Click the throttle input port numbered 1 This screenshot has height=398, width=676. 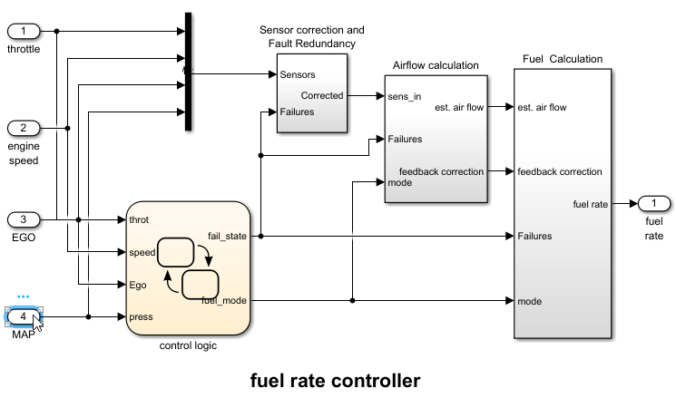click(x=23, y=31)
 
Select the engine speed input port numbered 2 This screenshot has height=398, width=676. click(x=23, y=127)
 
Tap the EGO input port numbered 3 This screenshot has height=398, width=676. click(x=23, y=219)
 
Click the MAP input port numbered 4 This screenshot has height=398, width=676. click(x=23, y=316)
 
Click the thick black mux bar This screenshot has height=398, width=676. click(x=188, y=72)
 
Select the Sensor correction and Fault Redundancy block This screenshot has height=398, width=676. click(x=312, y=94)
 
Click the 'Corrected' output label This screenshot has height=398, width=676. click(x=321, y=95)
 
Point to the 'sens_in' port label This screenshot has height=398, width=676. click(x=404, y=96)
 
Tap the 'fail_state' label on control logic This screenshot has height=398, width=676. click(x=227, y=237)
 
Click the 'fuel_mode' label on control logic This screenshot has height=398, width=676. click(x=224, y=300)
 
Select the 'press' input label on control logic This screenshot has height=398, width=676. click(x=142, y=316)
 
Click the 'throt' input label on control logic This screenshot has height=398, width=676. click(x=140, y=219)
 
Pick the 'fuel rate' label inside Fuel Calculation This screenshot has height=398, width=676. click(x=590, y=204)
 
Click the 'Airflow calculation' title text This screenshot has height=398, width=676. click(x=436, y=65)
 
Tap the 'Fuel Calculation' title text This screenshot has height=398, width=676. click(x=563, y=59)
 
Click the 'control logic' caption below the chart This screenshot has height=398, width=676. click(x=189, y=345)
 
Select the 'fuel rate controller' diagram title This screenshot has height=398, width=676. click(x=337, y=379)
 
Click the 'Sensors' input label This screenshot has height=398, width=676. click(x=298, y=74)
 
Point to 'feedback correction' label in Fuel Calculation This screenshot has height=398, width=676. click(x=559, y=171)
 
